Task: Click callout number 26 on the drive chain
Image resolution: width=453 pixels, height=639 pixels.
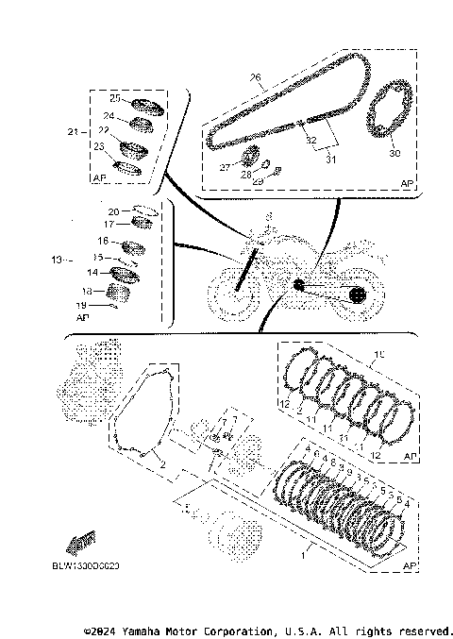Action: point(255,77)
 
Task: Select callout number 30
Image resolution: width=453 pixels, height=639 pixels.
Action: point(394,152)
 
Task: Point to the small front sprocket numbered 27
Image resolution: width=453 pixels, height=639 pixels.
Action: point(250,157)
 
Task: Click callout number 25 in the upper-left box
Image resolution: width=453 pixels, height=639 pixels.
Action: point(113,98)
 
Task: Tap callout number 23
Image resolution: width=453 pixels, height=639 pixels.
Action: point(99,146)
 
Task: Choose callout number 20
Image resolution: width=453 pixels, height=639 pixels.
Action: point(112,211)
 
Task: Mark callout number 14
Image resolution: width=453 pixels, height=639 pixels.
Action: point(92,272)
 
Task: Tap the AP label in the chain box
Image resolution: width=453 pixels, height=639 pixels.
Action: point(407,182)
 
